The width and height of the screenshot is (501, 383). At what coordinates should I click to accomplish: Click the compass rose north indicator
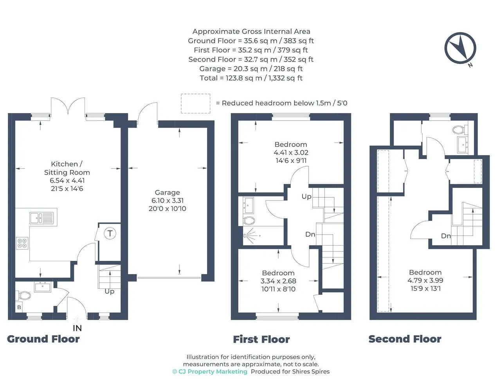(x=460, y=48)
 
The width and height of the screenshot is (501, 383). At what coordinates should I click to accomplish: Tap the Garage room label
(x=167, y=192)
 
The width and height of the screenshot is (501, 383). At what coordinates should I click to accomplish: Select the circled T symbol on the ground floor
(x=110, y=233)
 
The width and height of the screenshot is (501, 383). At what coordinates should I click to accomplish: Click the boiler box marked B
(x=19, y=307)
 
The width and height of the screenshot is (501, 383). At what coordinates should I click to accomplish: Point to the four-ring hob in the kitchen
(x=22, y=243)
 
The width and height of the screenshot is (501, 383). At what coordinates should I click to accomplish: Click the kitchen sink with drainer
(x=41, y=218)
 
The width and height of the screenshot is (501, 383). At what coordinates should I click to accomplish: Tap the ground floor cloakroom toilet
(x=23, y=296)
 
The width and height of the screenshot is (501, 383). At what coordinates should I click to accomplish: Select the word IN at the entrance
(x=77, y=328)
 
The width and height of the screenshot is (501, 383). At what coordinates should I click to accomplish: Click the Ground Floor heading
(x=43, y=339)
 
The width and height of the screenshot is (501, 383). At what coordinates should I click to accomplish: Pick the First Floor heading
(x=261, y=340)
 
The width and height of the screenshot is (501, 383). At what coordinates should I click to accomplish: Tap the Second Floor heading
(x=405, y=339)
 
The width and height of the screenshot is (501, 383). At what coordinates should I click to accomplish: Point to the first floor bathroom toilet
(x=249, y=220)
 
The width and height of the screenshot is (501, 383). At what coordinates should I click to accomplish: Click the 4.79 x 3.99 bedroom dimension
(x=425, y=280)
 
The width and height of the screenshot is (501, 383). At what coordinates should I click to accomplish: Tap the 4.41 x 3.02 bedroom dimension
(x=291, y=152)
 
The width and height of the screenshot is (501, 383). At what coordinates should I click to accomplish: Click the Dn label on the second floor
(x=446, y=236)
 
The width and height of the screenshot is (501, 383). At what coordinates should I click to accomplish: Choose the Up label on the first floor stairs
(x=306, y=197)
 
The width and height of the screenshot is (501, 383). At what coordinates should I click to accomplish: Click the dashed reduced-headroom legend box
(x=196, y=103)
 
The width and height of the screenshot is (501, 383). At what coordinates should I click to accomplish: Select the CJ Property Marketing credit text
(x=210, y=372)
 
